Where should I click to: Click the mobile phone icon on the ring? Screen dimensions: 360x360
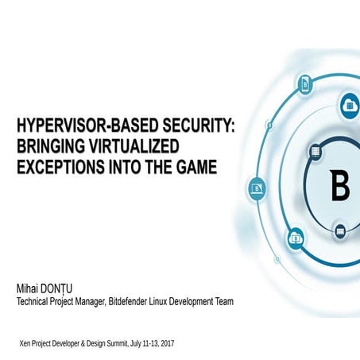click(304, 83)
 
